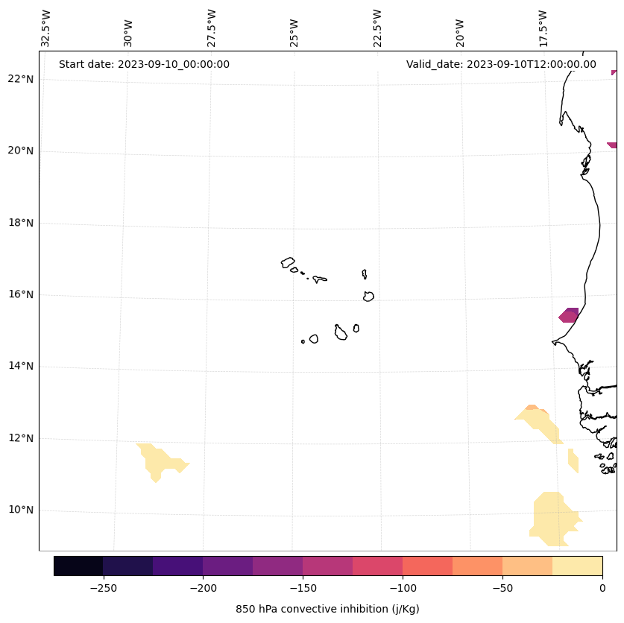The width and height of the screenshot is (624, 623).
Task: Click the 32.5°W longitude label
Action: pos(46,28)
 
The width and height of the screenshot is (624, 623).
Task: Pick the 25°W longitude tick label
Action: pos(294,31)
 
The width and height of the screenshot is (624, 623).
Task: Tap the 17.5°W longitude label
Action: pos(543,28)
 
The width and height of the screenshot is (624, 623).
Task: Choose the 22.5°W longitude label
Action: pos(377,28)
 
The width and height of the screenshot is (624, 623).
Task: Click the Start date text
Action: pos(144,64)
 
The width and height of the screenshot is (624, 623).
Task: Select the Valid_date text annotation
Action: pos(501,64)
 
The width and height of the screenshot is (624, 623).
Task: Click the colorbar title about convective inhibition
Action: pos(327,609)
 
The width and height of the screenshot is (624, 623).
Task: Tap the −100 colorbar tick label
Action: pos(403,588)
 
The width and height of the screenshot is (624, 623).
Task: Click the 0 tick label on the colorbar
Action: pos(602,588)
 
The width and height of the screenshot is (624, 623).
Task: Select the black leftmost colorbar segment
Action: pos(78,566)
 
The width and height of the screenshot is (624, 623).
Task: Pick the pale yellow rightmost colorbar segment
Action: pos(577,566)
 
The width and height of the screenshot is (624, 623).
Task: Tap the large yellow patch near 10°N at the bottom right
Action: pos(553,514)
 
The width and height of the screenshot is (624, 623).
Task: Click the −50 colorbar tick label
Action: pos(502,588)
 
